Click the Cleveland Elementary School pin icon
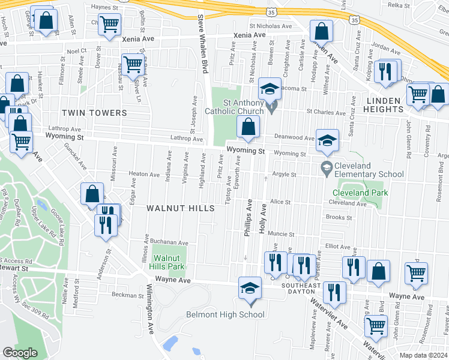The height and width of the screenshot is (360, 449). (327, 166)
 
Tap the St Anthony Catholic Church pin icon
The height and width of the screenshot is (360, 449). (272, 108)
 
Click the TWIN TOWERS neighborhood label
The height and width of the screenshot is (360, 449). (97, 113)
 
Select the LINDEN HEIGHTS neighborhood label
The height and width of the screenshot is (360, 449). (379, 109)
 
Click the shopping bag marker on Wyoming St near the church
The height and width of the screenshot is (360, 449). (248, 127)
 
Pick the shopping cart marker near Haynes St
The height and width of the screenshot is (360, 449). (109, 25)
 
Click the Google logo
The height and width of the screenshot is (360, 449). (20, 353)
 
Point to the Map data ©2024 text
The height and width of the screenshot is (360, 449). (424, 355)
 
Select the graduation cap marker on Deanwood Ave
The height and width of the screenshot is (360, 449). (327, 140)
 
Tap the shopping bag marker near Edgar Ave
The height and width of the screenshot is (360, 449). (92, 193)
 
